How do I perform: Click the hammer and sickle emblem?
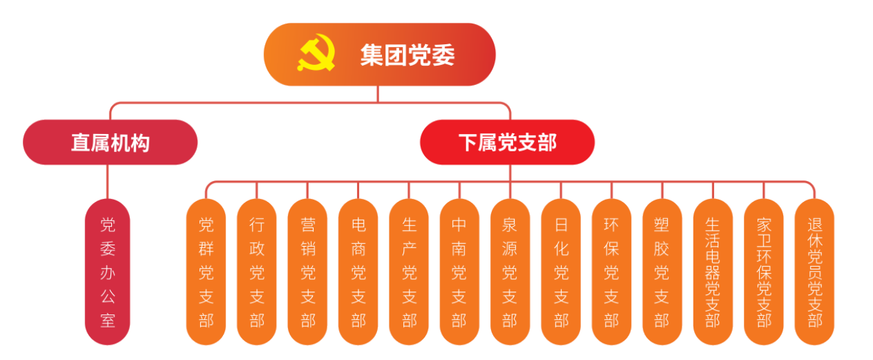[x=316, y=55]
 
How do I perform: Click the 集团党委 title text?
[x=407, y=55]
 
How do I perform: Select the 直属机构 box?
[x=110, y=142]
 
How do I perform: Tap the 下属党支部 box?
[x=507, y=142]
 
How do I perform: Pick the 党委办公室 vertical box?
[x=108, y=272]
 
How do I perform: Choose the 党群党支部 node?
[x=206, y=272]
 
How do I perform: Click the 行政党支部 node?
[x=257, y=272]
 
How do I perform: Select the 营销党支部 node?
[x=307, y=272]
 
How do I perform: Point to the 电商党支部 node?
[x=358, y=272]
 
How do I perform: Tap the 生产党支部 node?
[x=409, y=272]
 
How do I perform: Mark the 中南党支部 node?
[x=459, y=272]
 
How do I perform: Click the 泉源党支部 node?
[x=510, y=272]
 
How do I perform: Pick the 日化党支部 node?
[x=561, y=272]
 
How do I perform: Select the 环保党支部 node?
[x=611, y=272]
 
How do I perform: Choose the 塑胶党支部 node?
[x=662, y=272]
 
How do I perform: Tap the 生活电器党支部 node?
[x=713, y=272]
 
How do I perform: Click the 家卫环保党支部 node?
[x=764, y=272]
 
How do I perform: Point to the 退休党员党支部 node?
[x=814, y=272]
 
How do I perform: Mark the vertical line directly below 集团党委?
[x=377, y=93]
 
